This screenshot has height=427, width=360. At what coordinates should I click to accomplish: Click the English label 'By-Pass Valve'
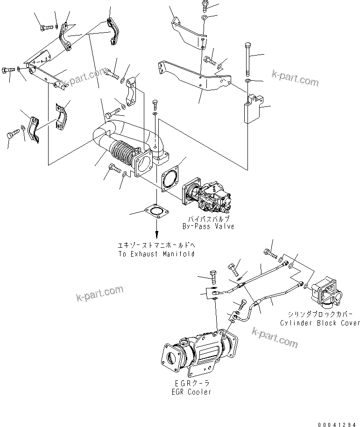208,226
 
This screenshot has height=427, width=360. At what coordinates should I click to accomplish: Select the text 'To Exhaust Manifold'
156,254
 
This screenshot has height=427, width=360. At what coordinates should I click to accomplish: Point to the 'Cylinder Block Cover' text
320,323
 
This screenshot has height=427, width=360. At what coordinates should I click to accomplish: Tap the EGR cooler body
201,355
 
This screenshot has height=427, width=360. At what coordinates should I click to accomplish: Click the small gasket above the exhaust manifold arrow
156,212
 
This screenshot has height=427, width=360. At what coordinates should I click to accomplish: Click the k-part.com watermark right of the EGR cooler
275,337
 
